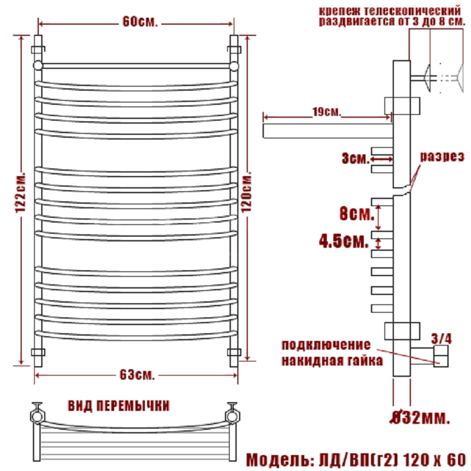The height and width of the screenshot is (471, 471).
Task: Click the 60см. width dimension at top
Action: pyautogui.click(x=140, y=22)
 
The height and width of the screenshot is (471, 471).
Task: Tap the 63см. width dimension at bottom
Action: pyautogui.click(x=137, y=374)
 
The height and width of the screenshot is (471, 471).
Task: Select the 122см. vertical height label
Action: pyautogui.click(x=21, y=193)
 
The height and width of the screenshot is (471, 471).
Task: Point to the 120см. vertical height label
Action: pyautogui.click(x=247, y=192)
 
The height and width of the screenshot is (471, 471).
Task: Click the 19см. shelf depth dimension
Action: pyautogui.click(x=327, y=112)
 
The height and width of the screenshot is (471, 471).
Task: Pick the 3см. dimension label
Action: pyautogui.click(x=356, y=158)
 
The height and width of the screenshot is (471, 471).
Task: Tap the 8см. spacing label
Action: pyautogui.click(x=357, y=214)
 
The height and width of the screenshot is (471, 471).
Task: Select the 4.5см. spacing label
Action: pyautogui.click(x=344, y=241)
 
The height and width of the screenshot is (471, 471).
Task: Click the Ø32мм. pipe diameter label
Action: pyautogui.click(x=420, y=417)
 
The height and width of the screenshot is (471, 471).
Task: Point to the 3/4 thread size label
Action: pyautogui.click(x=441, y=339)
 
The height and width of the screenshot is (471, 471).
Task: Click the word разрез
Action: pyautogui.click(x=442, y=157)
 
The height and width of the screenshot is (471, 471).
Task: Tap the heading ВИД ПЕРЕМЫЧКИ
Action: pyautogui.click(x=119, y=406)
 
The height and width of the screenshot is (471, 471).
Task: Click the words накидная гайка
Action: pyautogui.click(x=332, y=360)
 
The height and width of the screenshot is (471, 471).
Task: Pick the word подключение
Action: pyautogui.click(x=326, y=345)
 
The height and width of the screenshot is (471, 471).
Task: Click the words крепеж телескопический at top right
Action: pyautogui.click(x=390, y=11)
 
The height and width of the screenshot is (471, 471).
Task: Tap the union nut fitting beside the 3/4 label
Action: pyautogui.click(x=440, y=356)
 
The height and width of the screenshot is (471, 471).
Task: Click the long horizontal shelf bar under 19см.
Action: pyautogui.click(x=328, y=131)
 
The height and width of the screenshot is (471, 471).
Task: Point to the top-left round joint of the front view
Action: pyautogui.click(x=38, y=65)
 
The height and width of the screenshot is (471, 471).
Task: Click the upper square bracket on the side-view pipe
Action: pyautogui.click(x=402, y=105)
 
